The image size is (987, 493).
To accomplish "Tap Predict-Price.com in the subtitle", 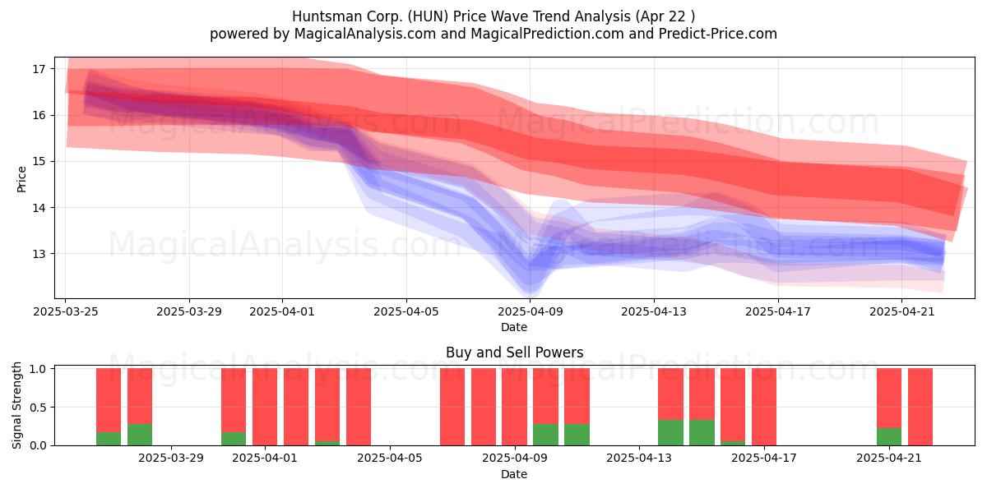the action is [718, 34].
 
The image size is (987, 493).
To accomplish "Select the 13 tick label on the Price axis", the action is [39, 254].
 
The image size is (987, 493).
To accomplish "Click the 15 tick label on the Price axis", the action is [39, 162].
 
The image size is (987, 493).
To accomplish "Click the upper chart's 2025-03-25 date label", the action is [66, 311].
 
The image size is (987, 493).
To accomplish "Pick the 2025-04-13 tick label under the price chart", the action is [654, 311].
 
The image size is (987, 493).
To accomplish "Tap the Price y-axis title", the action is [21, 180].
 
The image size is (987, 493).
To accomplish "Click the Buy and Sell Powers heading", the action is [515, 352].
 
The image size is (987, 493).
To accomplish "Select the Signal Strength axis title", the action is [16, 405].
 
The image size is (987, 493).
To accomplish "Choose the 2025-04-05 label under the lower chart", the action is [390, 458].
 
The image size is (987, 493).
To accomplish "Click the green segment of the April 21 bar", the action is [889, 437].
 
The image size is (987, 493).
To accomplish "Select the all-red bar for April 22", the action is [920, 407].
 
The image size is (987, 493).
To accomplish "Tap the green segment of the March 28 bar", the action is [140, 435].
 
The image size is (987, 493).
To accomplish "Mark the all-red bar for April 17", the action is [764, 407].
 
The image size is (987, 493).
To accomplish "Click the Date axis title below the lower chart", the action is [514, 474].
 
